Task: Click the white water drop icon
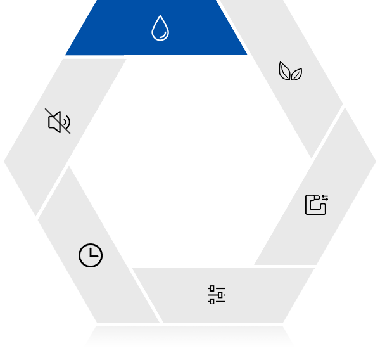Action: point(160,28)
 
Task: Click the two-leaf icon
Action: point(290,72)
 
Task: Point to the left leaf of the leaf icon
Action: point(284,70)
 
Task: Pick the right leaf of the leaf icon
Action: point(296,74)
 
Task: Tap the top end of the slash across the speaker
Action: point(46,110)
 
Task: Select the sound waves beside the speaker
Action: point(66,122)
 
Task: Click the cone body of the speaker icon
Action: point(55,122)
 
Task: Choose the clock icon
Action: point(91,255)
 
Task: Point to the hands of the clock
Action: point(92,254)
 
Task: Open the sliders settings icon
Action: point(217,295)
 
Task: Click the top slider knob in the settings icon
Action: point(212,288)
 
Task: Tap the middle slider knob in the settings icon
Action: point(221,295)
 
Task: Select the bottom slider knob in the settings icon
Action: point(212,301)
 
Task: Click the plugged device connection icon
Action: point(316,205)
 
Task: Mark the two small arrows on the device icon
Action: point(325,198)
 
